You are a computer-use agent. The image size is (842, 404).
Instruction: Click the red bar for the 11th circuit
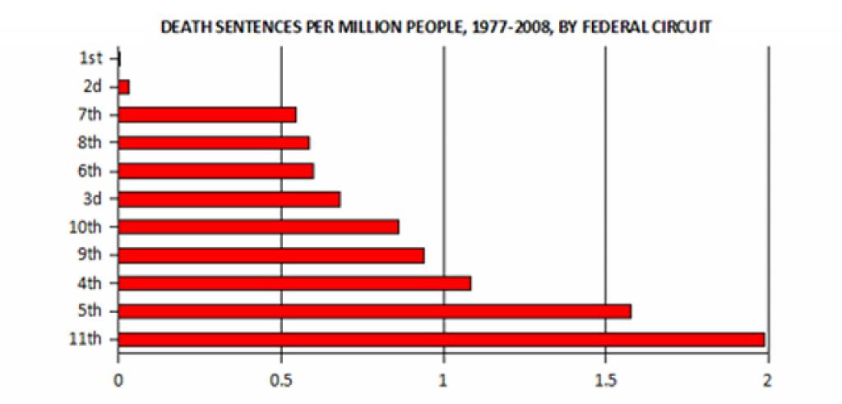pos(442,339)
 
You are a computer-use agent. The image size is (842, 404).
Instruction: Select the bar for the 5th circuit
pos(375,311)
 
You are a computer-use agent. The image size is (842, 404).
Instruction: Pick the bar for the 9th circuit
pos(271,255)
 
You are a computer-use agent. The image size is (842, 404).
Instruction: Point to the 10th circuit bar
pos(259,227)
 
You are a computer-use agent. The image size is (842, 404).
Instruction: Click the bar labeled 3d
pos(229,199)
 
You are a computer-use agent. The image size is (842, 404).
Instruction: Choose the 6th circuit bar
pos(216,171)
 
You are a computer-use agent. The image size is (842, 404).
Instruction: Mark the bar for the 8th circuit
pos(214,143)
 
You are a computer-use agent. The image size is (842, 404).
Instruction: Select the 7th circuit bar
pos(207,114)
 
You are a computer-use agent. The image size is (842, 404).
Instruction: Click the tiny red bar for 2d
pos(124,86)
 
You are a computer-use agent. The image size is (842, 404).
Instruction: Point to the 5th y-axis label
pos(91,311)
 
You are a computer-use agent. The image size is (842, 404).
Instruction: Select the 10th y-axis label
pos(88,227)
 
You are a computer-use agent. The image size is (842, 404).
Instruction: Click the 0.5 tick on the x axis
pos(281,381)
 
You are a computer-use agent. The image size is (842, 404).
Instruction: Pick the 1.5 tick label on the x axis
pos(605,381)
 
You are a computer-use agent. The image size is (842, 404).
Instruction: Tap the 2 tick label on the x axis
pos(767,381)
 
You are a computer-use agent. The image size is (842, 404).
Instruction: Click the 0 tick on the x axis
pos(119,381)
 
